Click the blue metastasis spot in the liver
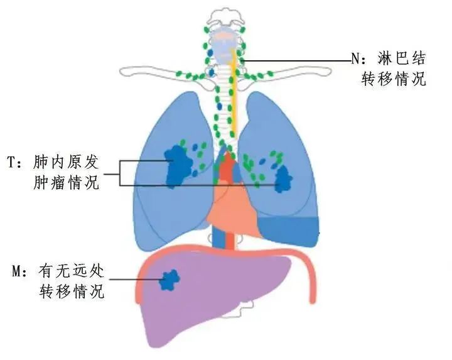point(169,280)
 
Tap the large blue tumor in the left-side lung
point(178,166)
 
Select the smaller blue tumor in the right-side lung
point(284,180)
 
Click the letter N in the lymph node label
point(355,59)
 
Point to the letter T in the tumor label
point(11,162)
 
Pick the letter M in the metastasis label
point(16,271)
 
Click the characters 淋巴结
point(401,59)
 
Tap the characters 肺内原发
point(66,162)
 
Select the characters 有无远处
point(71,271)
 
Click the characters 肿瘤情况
point(66,183)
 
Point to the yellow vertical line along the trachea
point(234,92)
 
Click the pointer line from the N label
point(298,61)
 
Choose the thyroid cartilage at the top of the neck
point(225,48)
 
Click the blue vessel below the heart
point(218,236)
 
